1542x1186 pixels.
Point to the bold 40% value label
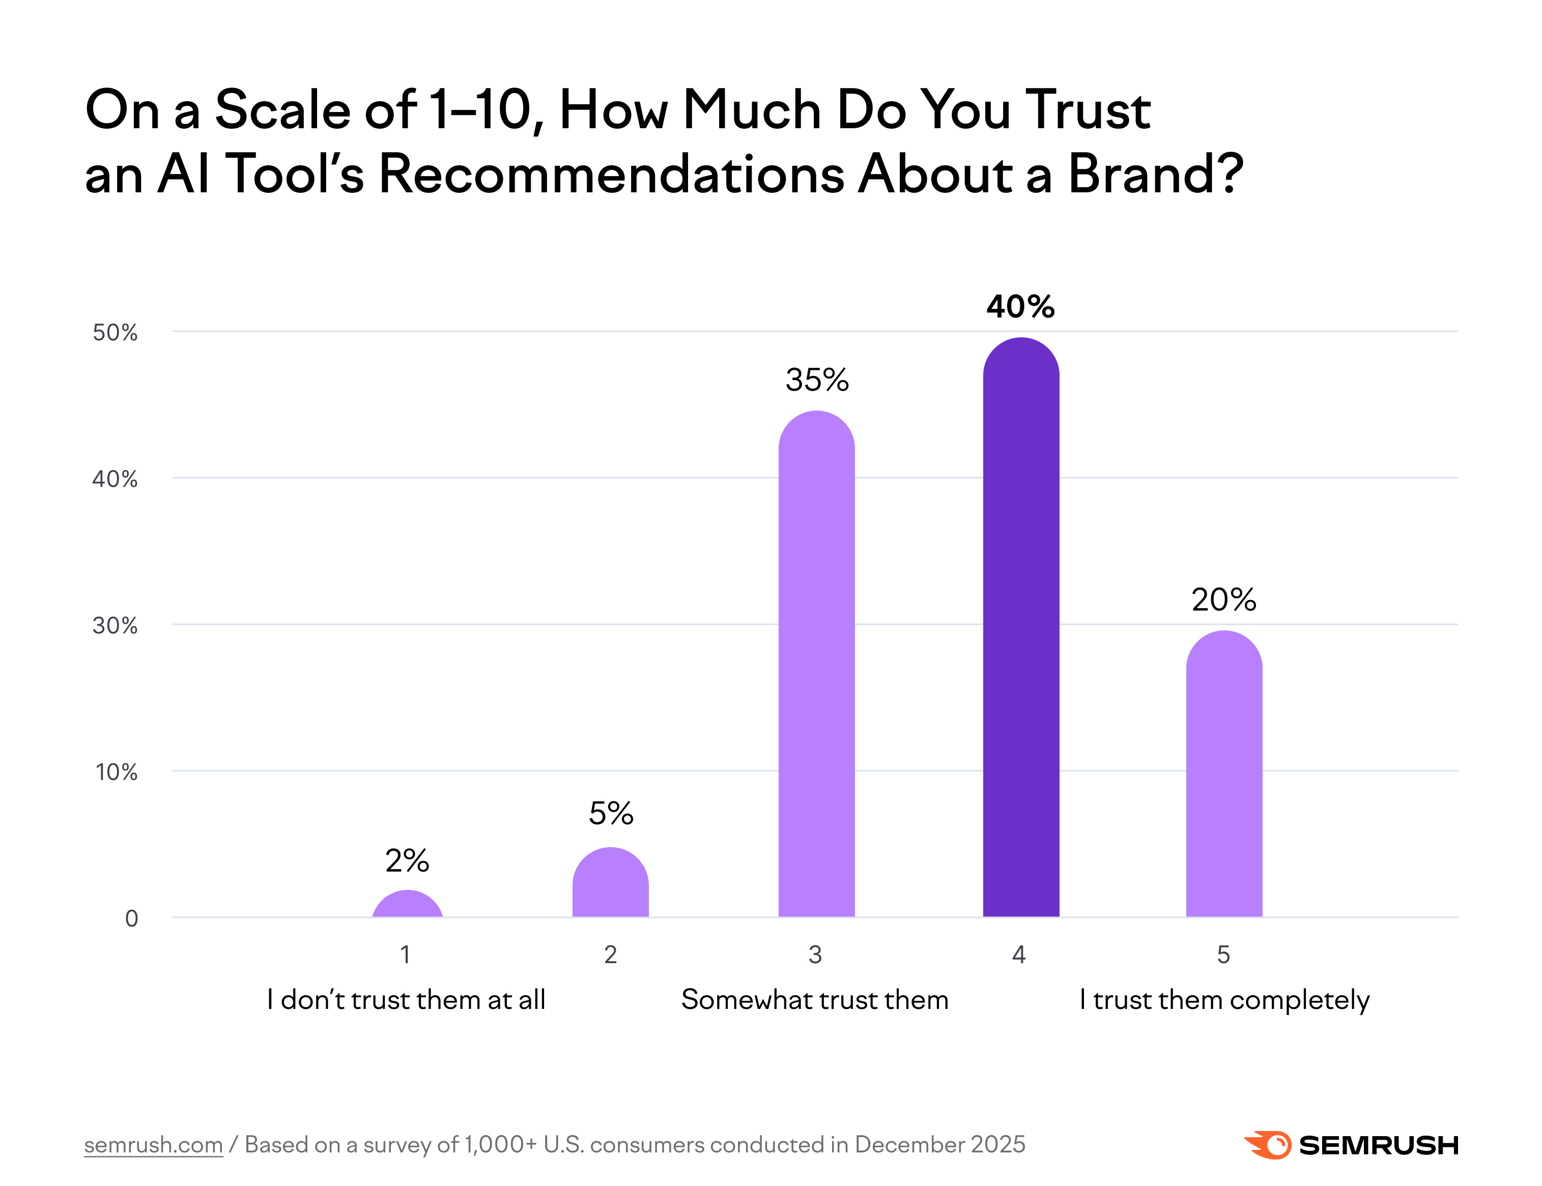[1020, 307]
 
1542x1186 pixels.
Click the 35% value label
[817, 381]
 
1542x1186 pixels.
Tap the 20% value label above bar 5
[1223, 600]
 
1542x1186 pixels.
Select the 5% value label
[611, 814]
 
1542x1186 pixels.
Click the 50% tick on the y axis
[115, 333]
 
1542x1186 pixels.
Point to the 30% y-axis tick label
[115, 625]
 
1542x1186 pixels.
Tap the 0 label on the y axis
[131, 918]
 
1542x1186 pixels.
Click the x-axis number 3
[815, 955]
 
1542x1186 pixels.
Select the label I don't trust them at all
[406, 1000]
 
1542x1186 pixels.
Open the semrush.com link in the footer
[153, 1144]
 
